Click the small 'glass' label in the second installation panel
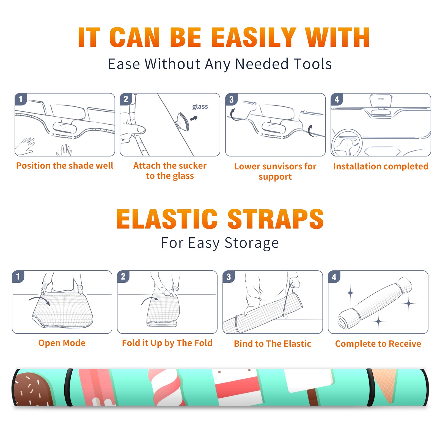point(200,106)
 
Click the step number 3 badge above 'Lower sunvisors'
point(231,99)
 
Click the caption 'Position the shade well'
point(65,166)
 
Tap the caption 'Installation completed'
point(381,166)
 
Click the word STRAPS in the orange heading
point(276,219)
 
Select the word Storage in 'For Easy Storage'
point(252,243)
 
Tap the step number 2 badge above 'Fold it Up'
point(123,276)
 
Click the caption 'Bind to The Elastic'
point(272,343)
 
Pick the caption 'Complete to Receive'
point(378,343)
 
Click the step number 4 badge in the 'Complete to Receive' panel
point(334,277)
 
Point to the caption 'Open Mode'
point(62,343)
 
